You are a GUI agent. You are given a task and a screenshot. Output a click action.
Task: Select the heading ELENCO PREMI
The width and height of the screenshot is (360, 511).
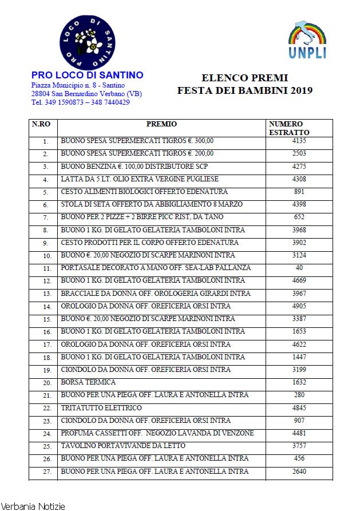coord(245,78)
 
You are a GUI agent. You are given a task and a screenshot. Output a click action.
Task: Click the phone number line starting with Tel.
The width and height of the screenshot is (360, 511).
coord(80,102)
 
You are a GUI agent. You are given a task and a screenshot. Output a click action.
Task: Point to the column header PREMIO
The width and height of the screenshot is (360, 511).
coord(161,124)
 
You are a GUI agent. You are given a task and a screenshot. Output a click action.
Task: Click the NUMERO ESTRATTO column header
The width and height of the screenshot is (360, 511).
coord(289,128)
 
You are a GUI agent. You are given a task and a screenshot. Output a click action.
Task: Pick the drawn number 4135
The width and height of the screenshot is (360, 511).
coord(299,141)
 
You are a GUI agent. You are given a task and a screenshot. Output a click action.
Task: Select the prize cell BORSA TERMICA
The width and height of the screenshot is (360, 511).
coord(88,382)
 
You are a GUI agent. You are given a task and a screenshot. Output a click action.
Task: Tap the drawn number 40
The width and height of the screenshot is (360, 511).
coord(299,268)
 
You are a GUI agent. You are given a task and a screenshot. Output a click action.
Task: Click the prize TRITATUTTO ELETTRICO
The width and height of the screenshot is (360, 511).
coord(101,408)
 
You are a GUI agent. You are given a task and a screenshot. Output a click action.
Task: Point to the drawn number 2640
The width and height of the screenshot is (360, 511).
coord(299,472)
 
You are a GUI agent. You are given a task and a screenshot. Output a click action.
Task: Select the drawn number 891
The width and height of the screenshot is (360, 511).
coord(299,192)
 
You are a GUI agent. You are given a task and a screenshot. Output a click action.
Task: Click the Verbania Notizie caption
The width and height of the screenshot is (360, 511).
coord(33,506)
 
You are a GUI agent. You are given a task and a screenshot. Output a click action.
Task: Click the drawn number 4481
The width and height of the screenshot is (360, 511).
coord(299,433)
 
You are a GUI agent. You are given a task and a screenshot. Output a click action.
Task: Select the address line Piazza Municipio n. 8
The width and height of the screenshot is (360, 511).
coord(78,85)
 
